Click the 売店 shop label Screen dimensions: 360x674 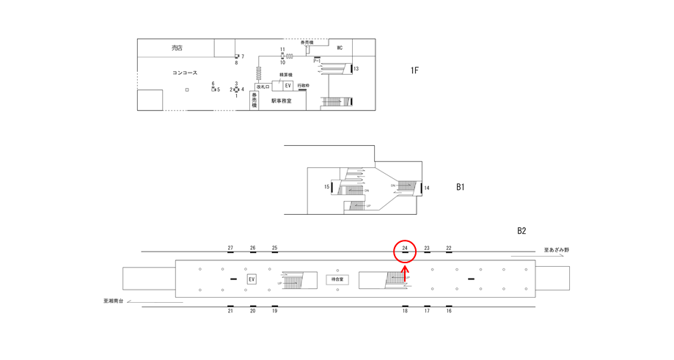pyautogui.click(x=177, y=48)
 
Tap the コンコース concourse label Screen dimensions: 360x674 pyautogui.click(x=185, y=73)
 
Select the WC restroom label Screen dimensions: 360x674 pyautogui.click(x=340, y=48)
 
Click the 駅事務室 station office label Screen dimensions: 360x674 pyautogui.click(x=281, y=101)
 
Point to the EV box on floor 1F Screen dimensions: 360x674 pyautogui.click(x=288, y=86)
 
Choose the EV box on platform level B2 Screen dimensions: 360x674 pyautogui.click(x=252, y=279)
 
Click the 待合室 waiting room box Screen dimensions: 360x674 pyautogui.click(x=337, y=279)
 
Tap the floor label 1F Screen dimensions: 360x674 pyautogui.click(x=414, y=70)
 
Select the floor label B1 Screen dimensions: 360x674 pyautogui.click(x=461, y=187)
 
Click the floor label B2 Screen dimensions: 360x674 pyautogui.click(x=521, y=231)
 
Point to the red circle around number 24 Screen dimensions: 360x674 pyautogui.click(x=405, y=251)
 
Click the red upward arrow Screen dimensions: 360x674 pyautogui.click(x=406, y=273)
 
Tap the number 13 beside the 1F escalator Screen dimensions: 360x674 pyautogui.click(x=356, y=69)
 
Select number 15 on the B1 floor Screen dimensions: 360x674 pyautogui.click(x=327, y=187)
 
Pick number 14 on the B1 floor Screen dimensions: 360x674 pyautogui.click(x=427, y=188)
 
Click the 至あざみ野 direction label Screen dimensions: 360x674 pyautogui.click(x=557, y=250)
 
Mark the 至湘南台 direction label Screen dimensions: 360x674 pyautogui.click(x=115, y=300)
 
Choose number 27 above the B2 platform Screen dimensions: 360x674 pyautogui.click(x=230, y=249)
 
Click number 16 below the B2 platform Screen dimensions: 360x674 pyautogui.click(x=449, y=311)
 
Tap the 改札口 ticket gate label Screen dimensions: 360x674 pyautogui.click(x=263, y=87)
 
